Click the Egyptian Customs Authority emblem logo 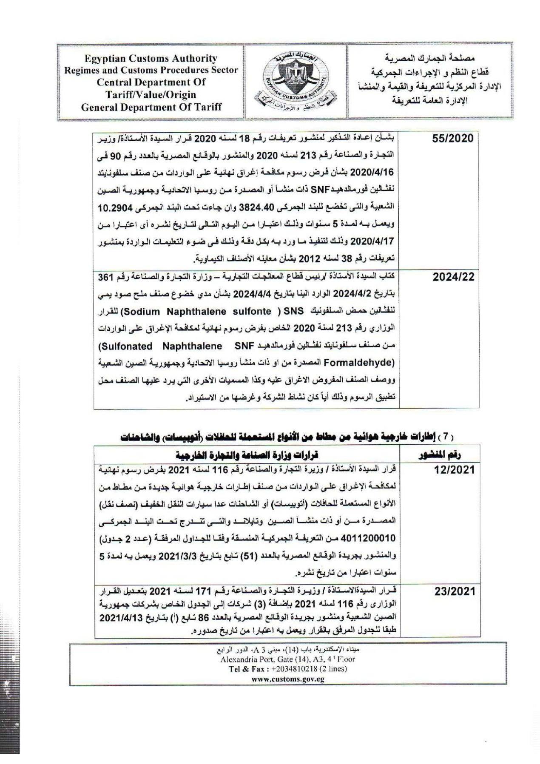(293, 81)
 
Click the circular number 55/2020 (452, 139)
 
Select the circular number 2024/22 (453, 277)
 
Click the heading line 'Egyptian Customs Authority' (151, 59)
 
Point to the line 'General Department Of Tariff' (151, 107)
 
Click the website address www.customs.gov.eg (288, 679)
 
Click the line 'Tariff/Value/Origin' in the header (151, 95)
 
